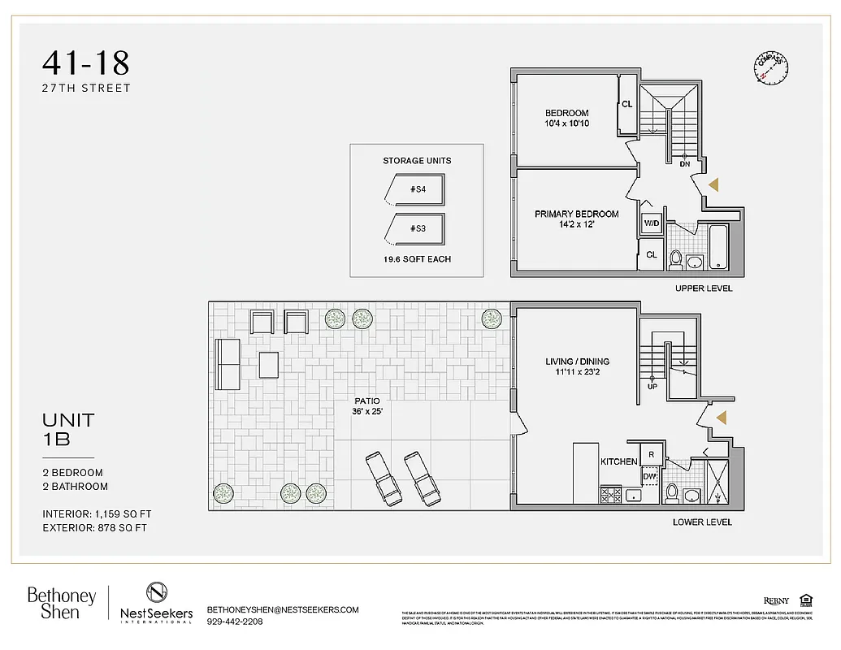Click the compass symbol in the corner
pyautogui.click(x=771, y=70)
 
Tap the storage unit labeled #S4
pyautogui.click(x=415, y=189)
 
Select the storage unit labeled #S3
pyautogui.click(x=415, y=229)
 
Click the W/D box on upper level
pyautogui.click(x=652, y=223)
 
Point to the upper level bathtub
pyautogui.click(x=718, y=249)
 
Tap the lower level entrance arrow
pyautogui.click(x=720, y=418)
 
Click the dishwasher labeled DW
pyautogui.click(x=649, y=477)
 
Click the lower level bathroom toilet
pyautogui.click(x=672, y=492)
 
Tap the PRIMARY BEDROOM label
pyautogui.click(x=576, y=214)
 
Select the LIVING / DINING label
pyautogui.click(x=577, y=362)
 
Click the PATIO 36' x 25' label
pyautogui.click(x=366, y=406)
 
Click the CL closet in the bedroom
pyautogui.click(x=626, y=105)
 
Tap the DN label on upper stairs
pyautogui.click(x=685, y=163)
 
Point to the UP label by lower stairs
pyautogui.click(x=652, y=387)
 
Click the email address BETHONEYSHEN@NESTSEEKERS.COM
pyautogui.click(x=283, y=609)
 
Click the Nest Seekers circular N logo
pyautogui.click(x=157, y=592)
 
